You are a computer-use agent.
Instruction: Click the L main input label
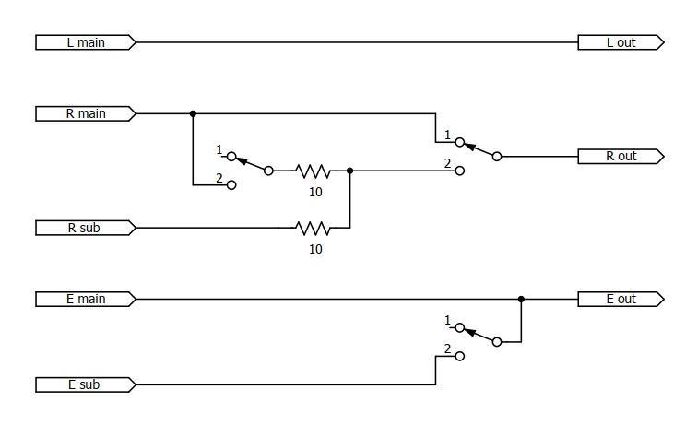tap(86, 42)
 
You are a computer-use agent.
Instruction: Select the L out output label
tap(621, 42)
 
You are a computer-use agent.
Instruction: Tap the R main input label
tap(86, 114)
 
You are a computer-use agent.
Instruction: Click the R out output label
tap(621, 157)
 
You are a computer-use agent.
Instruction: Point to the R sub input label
tap(86, 228)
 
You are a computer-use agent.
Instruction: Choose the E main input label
tap(86, 299)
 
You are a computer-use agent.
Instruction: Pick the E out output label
tap(621, 299)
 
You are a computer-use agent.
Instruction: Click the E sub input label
tap(86, 384)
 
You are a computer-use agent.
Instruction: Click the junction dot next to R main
tap(193, 114)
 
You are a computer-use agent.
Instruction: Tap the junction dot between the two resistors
tap(349, 171)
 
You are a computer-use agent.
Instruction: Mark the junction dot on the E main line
tap(521, 299)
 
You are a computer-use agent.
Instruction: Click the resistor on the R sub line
tap(314, 228)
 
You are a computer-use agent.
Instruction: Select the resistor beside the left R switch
tap(314, 171)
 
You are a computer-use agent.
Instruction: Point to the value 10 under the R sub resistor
tap(315, 249)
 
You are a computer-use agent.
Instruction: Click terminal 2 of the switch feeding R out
tap(460, 171)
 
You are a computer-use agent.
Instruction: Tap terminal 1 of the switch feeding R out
tap(460, 142)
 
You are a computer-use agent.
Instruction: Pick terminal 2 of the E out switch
tap(460, 356)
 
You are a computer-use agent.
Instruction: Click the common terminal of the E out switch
tap(497, 342)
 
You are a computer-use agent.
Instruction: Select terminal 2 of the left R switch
tap(231, 185)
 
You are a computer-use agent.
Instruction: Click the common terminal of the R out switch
tap(497, 157)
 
